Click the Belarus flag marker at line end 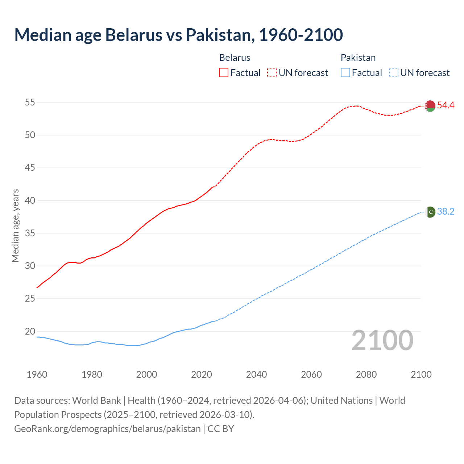pos(430,106)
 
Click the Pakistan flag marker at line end pos(430,212)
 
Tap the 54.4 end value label pos(446,105)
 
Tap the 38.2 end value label pos(446,211)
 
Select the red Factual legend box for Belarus pos(224,72)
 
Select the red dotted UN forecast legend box pos(272,72)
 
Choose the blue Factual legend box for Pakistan pos(345,72)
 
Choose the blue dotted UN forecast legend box pos(393,72)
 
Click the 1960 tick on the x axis pos(37,374)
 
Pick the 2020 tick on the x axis pos(202,374)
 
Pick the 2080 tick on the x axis pos(366,374)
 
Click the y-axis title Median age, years pos(15,225)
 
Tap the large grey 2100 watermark pos(382,340)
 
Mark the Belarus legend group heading pos(235,58)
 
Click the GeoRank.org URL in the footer pos(107,428)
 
